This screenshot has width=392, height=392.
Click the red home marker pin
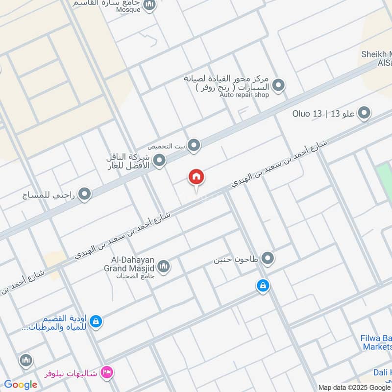point(196,177)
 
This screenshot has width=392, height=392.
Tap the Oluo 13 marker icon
point(364,114)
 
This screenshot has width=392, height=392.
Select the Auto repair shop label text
point(245,95)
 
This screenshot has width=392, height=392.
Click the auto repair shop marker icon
point(278,86)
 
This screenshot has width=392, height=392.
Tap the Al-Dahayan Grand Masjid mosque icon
point(164,267)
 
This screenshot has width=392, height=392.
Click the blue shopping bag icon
point(263,285)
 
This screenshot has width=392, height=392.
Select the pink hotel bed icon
point(106,373)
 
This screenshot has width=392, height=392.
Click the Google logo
point(21,385)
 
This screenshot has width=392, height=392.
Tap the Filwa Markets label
point(377,342)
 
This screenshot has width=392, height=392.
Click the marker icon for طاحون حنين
point(267,258)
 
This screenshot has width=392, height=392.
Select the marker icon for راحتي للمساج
point(85,195)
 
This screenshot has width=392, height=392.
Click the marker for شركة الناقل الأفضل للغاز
point(159,160)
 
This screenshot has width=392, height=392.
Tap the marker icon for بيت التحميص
point(195,146)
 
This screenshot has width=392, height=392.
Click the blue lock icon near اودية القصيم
point(97,321)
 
